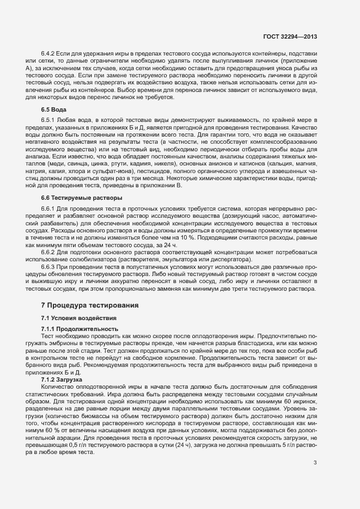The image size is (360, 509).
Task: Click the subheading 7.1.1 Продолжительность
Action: pos(80,329)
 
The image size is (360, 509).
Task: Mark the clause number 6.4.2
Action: pos(48,53)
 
